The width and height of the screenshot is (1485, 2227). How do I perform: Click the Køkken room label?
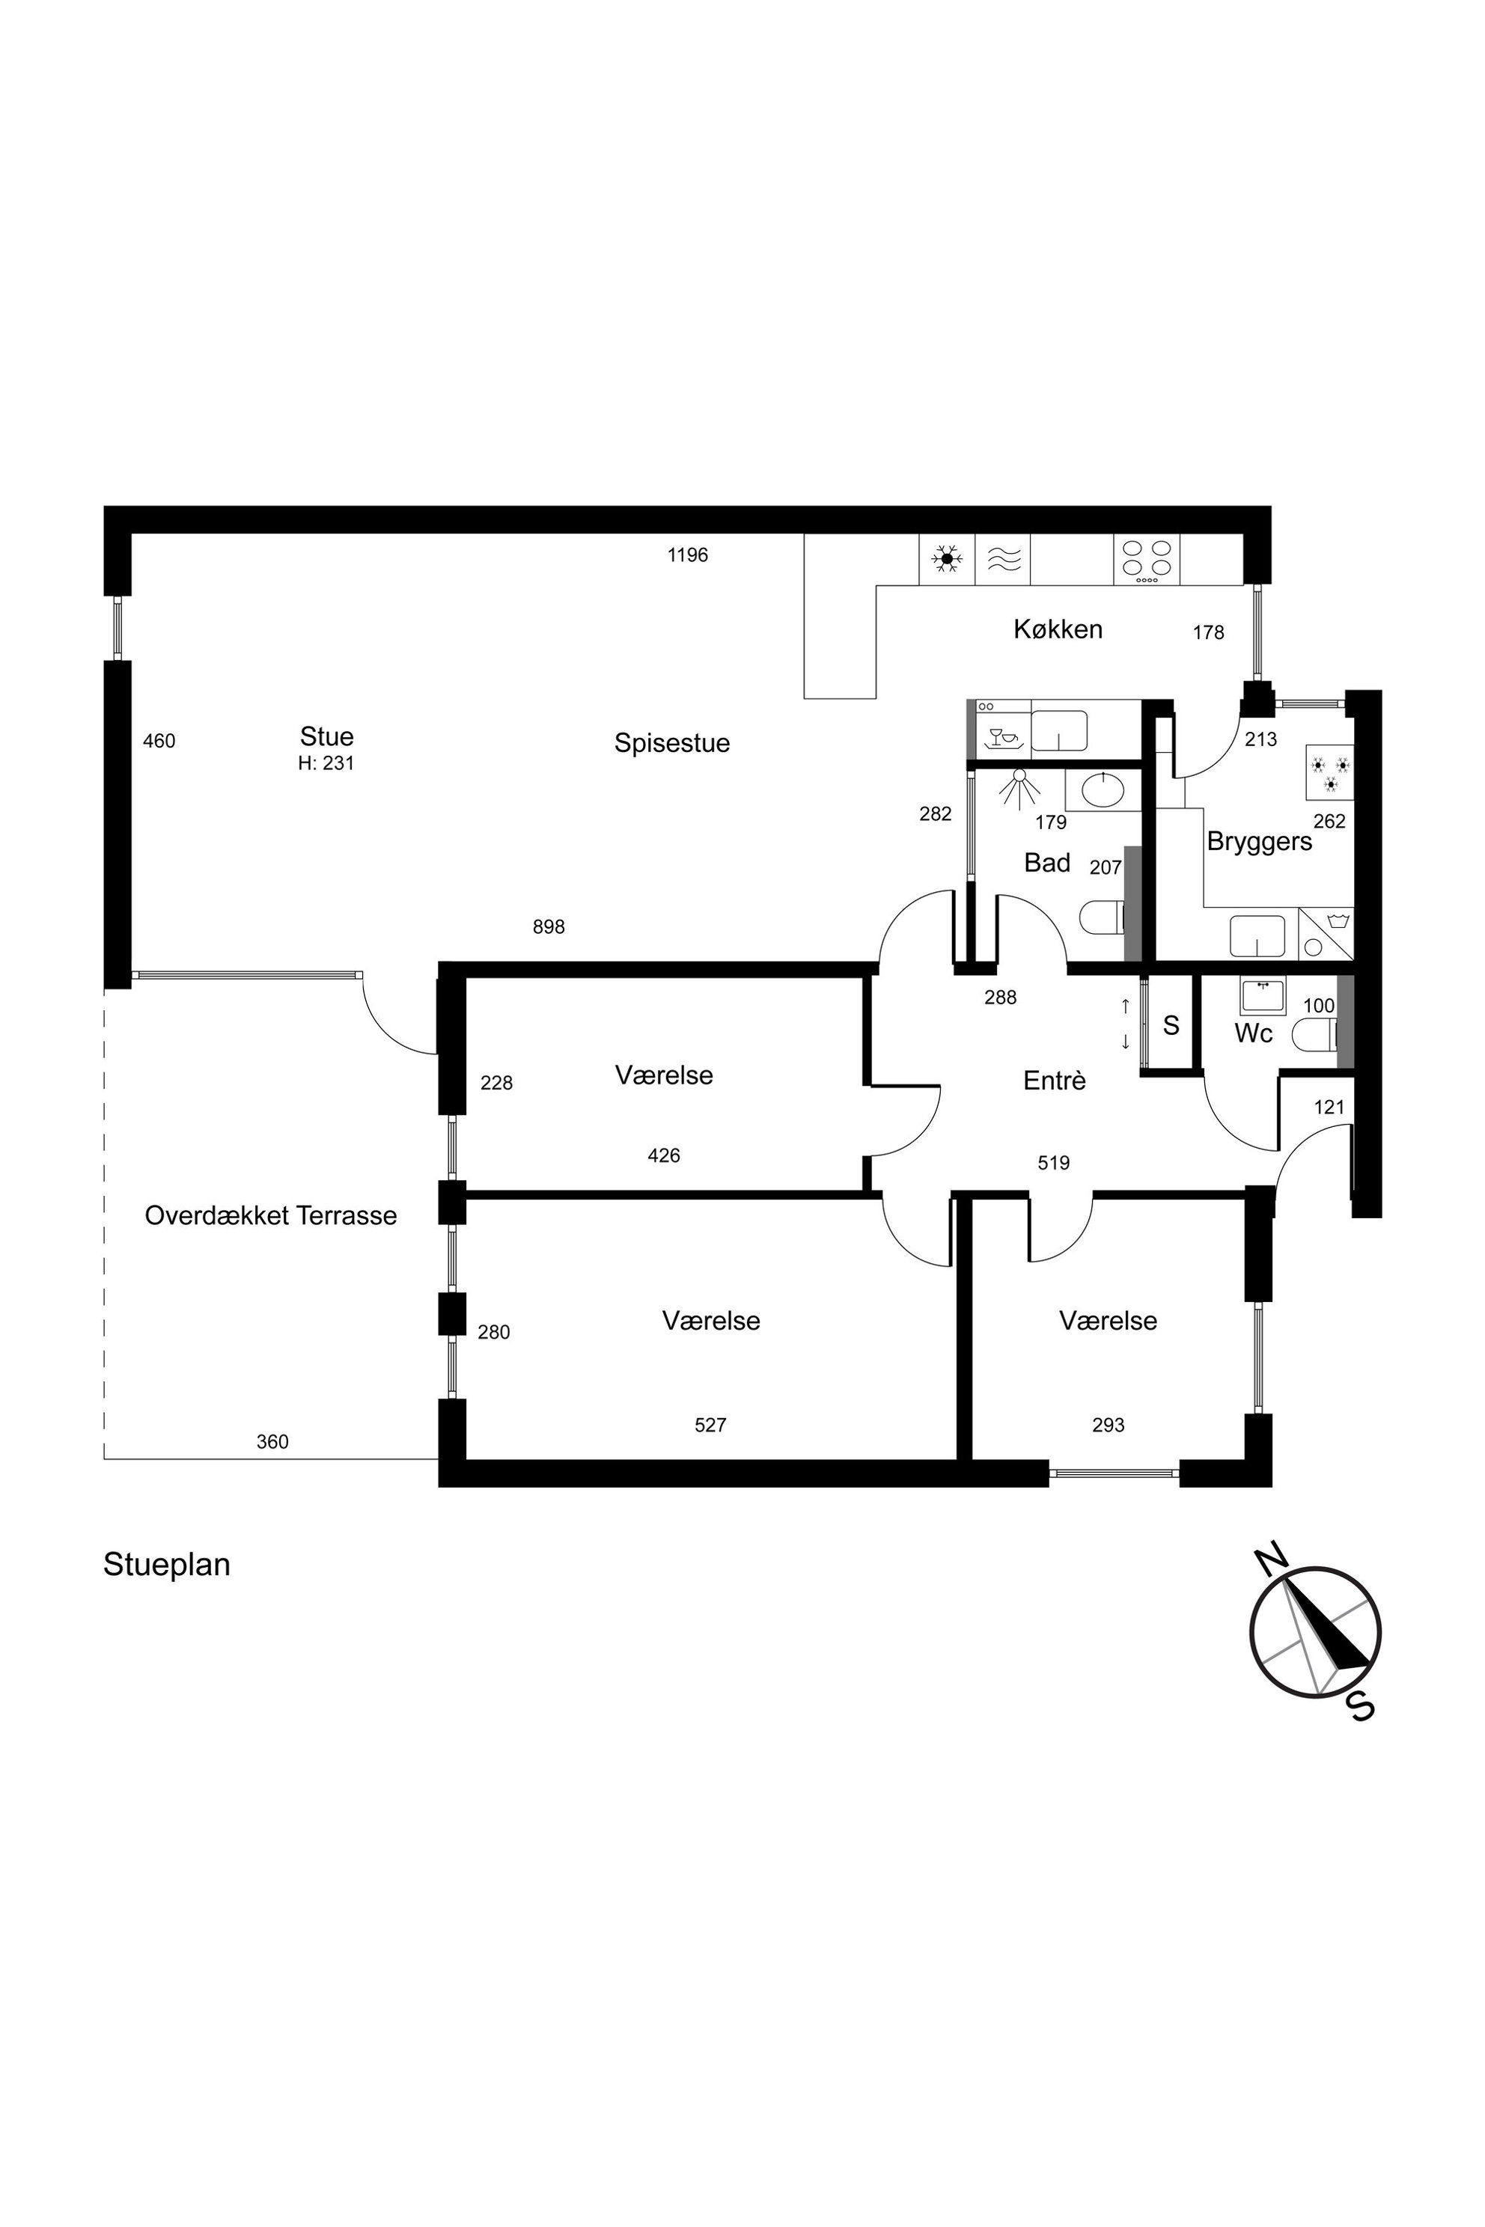coord(1058,629)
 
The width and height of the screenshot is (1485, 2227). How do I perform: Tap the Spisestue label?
coord(672,743)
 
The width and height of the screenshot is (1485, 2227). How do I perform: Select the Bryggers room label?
coord(1259,842)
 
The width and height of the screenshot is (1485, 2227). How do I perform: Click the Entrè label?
coord(1054,1081)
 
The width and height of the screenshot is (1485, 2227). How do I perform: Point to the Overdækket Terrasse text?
coord(271,1216)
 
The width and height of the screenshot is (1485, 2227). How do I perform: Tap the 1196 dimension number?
coord(688,555)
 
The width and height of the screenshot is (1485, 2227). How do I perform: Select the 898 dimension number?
coord(549,927)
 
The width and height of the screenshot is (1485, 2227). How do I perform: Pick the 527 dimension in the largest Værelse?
coord(710,1425)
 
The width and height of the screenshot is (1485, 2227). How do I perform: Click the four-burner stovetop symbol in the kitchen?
coord(1147,560)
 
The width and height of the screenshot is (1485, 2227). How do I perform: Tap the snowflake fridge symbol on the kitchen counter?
coord(947,560)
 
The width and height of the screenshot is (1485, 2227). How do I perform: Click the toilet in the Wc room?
coord(1321,1031)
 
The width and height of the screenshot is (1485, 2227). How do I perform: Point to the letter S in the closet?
coord(1171,1025)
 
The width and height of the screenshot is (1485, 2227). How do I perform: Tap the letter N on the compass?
coord(1270,1557)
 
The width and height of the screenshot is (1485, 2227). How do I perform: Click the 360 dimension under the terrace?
coord(272,1442)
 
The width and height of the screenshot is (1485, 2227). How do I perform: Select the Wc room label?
coord(1253,1033)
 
